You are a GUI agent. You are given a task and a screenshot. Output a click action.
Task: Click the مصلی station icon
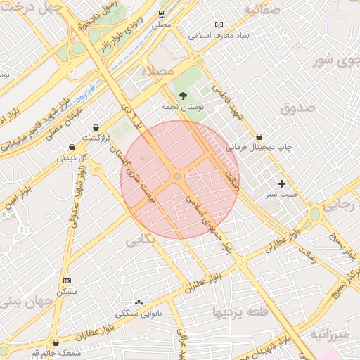click(x=162, y=13)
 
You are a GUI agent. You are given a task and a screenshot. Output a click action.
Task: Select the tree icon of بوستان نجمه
click(x=184, y=95)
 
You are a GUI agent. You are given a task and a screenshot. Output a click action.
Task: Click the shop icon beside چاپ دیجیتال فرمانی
click(x=259, y=136)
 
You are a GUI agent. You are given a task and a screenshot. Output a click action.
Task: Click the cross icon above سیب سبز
click(x=282, y=183)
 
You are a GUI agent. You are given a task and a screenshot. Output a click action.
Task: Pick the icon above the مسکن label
click(x=67, y=281)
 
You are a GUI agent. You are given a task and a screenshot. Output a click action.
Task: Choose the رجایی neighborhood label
click(x=343, y=203)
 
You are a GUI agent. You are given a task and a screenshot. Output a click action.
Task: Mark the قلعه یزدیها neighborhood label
click(x=238, y=311)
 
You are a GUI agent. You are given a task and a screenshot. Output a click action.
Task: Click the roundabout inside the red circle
click(x=178, y=176)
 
